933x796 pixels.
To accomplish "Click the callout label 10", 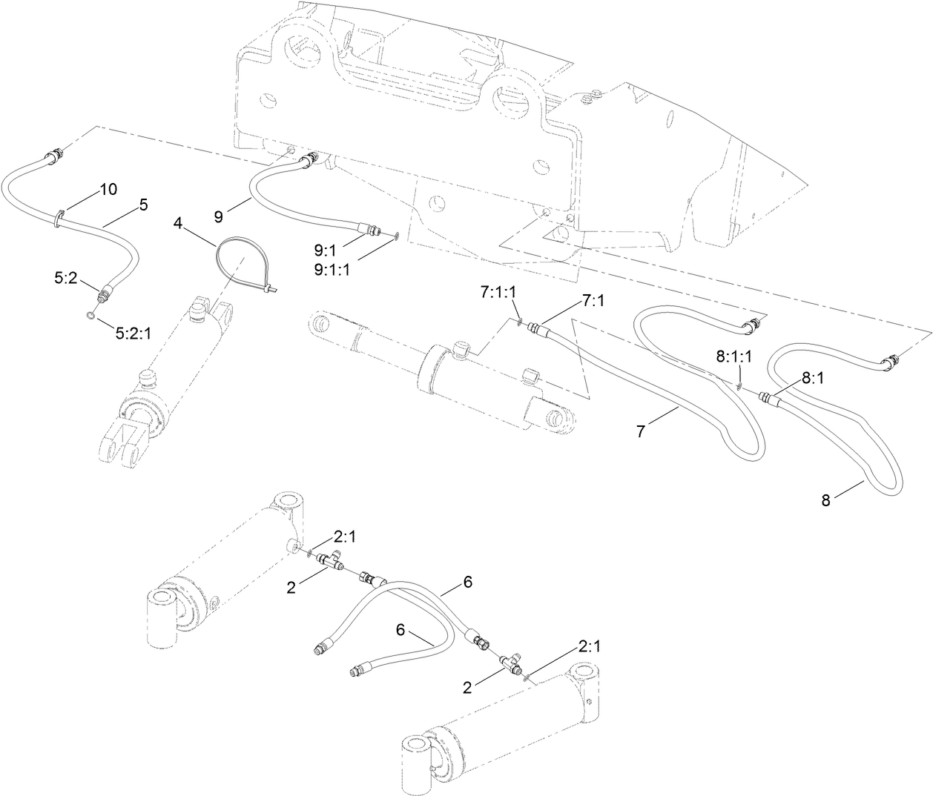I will coord(108,190).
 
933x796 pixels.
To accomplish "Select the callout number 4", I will coord(178,222).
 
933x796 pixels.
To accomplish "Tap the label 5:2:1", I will coord(133,334).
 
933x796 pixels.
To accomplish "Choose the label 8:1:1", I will coord(734,356).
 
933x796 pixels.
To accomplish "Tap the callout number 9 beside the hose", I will coord(219,216).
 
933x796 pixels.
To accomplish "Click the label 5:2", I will coord(65,278).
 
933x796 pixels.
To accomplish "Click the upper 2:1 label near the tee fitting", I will coord(345,537).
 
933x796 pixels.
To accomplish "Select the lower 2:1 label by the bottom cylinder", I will coord(590,646).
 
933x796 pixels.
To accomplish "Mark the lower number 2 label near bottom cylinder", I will coord(467,687).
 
